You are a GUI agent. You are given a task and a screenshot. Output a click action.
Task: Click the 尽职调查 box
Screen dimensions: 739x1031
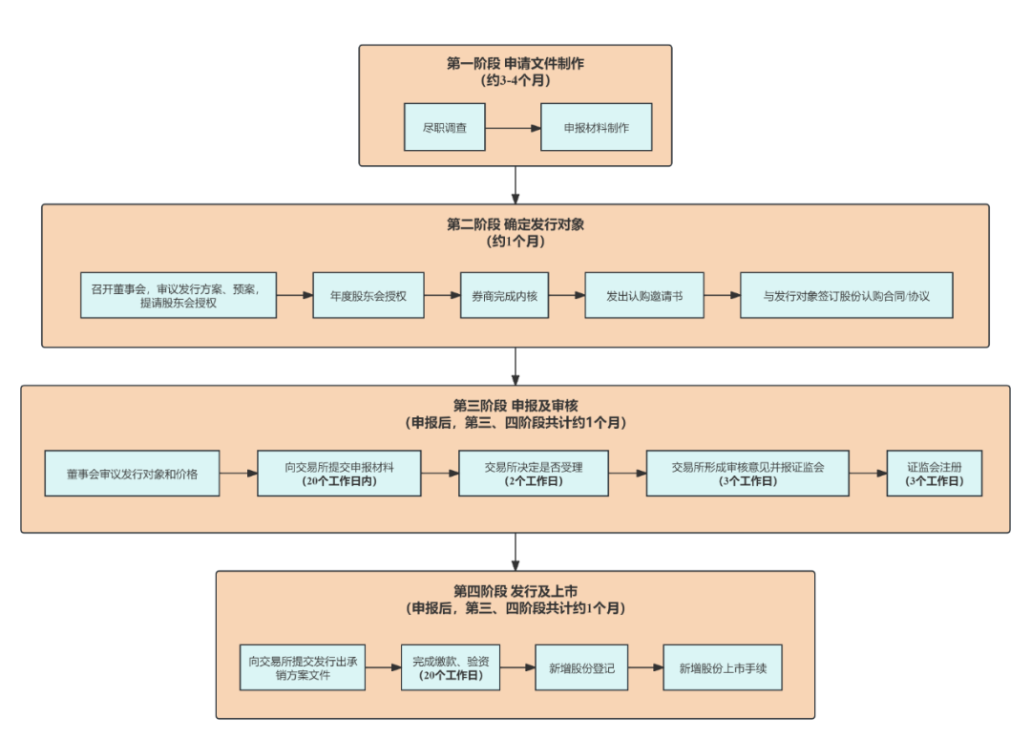445,127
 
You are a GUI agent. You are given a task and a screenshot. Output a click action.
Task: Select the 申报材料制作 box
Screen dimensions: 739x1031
596,127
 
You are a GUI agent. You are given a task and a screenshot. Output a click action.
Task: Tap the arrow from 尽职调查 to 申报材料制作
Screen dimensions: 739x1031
514,127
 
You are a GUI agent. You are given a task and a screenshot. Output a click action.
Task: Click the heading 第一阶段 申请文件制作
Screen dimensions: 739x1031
515,64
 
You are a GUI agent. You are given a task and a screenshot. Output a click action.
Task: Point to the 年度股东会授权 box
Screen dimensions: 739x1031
368,295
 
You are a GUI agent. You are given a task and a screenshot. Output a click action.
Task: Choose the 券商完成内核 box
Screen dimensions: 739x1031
504,295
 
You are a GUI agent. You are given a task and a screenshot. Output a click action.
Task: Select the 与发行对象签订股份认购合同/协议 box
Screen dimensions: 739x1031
847,295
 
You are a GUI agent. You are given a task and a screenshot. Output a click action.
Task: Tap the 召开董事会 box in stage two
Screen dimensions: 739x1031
179,295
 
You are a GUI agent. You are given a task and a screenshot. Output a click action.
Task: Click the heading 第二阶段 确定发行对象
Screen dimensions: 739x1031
515,224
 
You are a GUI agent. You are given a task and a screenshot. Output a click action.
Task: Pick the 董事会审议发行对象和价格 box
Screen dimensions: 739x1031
132,474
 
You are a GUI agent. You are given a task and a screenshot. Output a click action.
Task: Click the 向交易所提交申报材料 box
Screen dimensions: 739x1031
339,474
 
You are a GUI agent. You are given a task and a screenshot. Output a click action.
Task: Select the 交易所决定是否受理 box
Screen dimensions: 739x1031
534,474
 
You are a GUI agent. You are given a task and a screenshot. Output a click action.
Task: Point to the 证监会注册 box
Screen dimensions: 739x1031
935,474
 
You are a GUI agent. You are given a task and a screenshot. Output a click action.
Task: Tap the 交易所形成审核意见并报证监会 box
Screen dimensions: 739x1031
747,474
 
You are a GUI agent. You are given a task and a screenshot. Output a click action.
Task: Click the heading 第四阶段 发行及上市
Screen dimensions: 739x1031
515,592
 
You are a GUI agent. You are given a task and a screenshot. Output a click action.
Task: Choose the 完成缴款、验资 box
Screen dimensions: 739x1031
450,668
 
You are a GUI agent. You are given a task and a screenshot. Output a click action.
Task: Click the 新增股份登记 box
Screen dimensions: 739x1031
581,668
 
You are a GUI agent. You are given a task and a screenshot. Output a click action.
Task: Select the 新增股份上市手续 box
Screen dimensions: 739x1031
723,668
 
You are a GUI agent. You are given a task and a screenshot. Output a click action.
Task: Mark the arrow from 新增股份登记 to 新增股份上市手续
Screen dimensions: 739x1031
645,668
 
